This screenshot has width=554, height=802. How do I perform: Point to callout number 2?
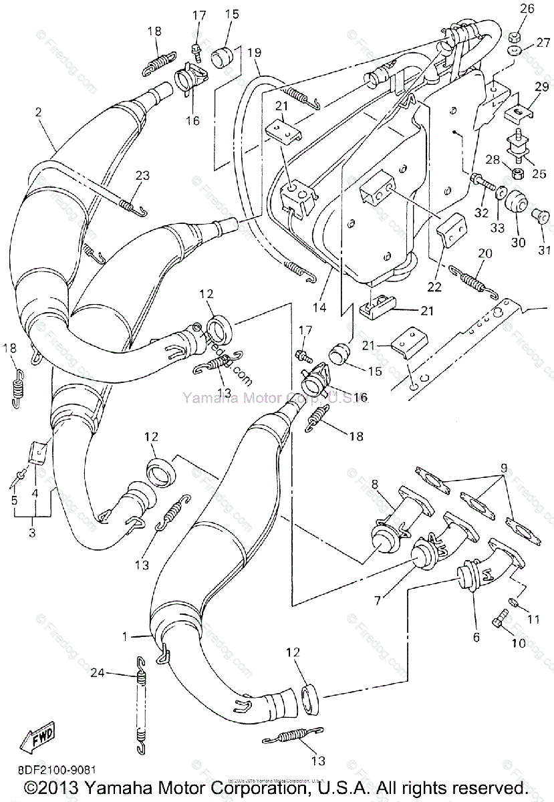[x=39, y=113]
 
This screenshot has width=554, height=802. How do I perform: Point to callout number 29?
[x=540, y=87]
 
